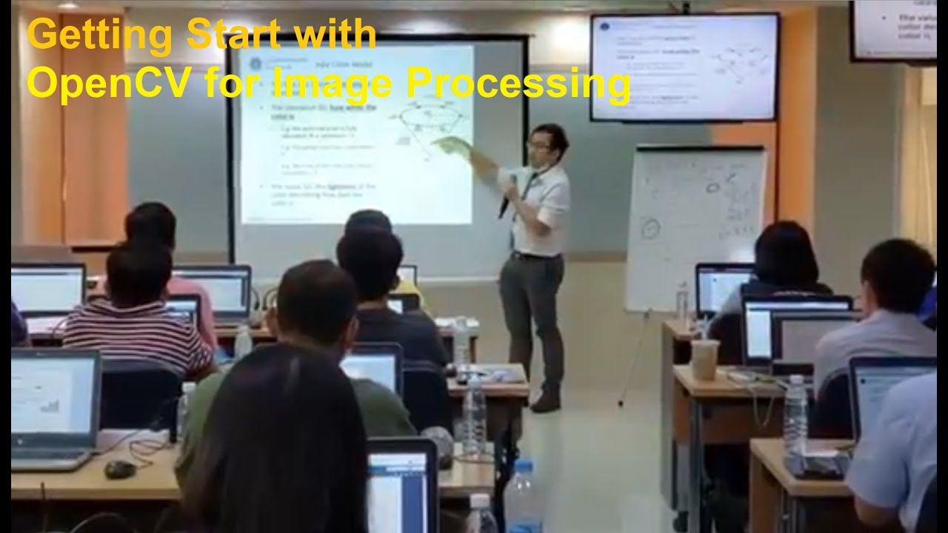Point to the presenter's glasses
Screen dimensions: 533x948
point(538,144)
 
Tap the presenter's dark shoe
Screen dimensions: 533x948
point(546,401)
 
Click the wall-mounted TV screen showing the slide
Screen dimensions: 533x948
point(684,67)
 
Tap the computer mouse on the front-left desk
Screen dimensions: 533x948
point(119,468)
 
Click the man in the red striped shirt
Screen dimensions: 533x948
point(137,326)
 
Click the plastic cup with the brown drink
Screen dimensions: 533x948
point(704,359)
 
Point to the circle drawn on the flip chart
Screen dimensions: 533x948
point(650,229)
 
